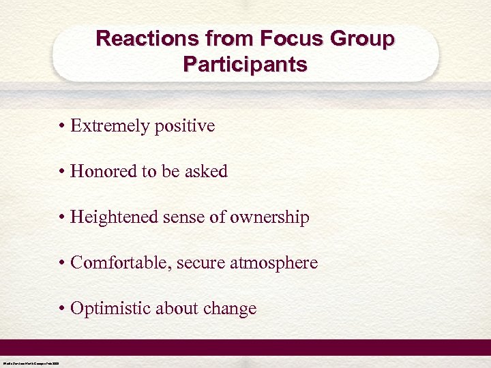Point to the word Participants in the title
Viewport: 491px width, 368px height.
[x=245, y=65]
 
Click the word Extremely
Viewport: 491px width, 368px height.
[x=109, y=126]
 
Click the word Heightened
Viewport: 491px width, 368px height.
[x=114, y=217]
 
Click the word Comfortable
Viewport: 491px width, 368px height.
[x=121, y=263]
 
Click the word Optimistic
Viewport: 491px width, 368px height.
[x=110, y=309]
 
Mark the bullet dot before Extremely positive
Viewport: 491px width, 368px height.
[x=62, y=127]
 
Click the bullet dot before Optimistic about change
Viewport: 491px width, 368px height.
[x=62, y=309]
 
